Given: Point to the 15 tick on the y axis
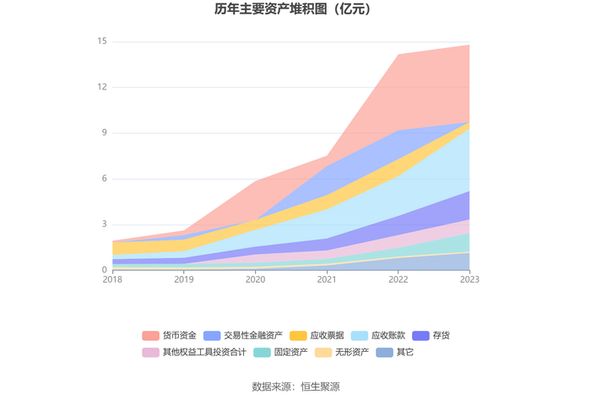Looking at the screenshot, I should click(101, 41).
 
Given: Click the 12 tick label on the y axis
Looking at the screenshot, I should click(101, 87).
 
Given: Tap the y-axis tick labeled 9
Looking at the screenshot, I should click(103, 132).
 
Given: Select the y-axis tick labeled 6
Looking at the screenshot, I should click(103, 179).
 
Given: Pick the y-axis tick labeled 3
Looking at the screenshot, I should click(103, 224).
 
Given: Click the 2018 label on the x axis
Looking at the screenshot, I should click(112, 279).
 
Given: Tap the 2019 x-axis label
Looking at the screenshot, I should click(184, 279).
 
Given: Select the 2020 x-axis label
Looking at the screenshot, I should click(255, 279).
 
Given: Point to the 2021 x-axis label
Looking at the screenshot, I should click(327, 279).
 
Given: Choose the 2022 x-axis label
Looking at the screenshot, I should click(398, 279).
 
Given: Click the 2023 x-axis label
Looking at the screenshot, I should click(469, 279).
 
